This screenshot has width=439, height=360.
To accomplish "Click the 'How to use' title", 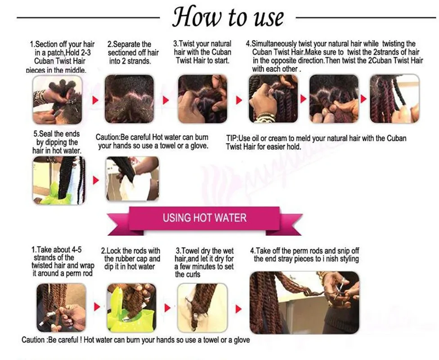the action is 228,16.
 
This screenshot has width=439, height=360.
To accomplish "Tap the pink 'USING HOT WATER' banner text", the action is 205,218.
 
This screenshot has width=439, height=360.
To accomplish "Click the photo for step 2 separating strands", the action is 130,99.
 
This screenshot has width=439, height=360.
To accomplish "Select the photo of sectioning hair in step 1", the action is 58,99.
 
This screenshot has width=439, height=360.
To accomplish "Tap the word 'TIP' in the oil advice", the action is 232,139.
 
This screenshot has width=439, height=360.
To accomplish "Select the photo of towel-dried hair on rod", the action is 202,308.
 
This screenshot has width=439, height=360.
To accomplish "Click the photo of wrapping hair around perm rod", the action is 61,308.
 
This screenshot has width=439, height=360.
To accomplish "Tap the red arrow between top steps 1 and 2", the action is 95,100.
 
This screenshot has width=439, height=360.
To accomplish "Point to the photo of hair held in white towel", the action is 132,179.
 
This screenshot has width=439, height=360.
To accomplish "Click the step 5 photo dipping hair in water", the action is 59,180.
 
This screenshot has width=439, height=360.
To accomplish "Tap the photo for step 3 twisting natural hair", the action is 202,99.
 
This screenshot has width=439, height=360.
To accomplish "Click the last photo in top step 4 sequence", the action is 394,99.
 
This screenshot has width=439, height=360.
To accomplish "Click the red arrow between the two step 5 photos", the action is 96,180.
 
